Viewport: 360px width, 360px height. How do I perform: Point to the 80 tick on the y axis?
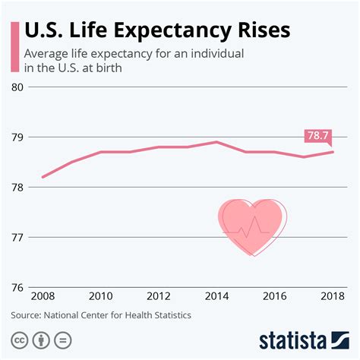[17, 87]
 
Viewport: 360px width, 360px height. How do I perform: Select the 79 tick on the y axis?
[17, 137]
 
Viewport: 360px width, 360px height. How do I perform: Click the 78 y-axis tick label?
[17, 188]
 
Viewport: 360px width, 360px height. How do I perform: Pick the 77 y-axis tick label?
[17, 238]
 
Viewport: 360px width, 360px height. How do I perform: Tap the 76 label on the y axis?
[17, 288]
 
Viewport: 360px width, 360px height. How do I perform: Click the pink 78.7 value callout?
[318, 136]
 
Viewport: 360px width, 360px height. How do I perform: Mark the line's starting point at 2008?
[42, 177]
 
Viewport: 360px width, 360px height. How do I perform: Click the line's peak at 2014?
[216, 142]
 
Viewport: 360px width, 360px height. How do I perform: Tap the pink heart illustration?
[250, 226]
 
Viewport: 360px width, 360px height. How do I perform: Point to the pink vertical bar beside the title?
[14, 48]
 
